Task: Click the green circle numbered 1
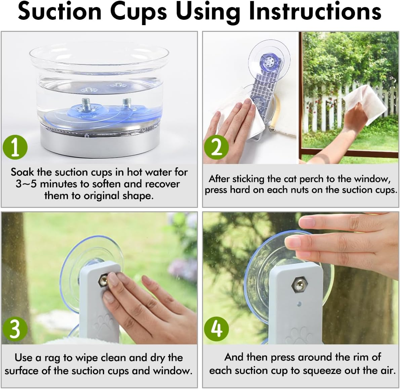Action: click(x=15, y=147)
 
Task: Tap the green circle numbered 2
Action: click(x=217, y=147)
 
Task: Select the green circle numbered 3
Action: click(x=15, y=329)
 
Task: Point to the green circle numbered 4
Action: click(x=217, y=328)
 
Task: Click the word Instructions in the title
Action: click(x=315, y=12)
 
